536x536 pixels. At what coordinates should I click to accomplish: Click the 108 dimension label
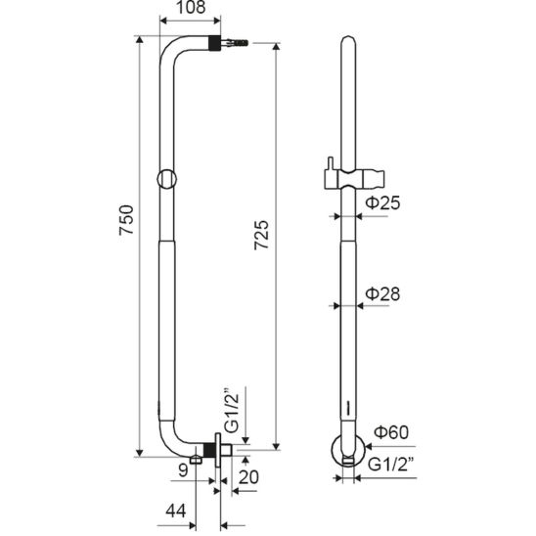click(191, 8)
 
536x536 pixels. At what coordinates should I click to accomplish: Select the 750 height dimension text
click(126, 220)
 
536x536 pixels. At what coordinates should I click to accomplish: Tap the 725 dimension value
click(261, 235)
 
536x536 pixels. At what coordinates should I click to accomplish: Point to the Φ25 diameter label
click(382, 203)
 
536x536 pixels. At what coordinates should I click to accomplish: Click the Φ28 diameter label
click(382, 294)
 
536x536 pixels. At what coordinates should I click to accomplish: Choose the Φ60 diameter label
click(391, 432)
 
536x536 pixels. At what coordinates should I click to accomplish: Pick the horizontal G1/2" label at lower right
click(391, 465)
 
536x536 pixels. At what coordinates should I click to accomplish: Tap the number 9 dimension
click(183, 470)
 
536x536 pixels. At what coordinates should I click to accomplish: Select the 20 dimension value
click(248, 477)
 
